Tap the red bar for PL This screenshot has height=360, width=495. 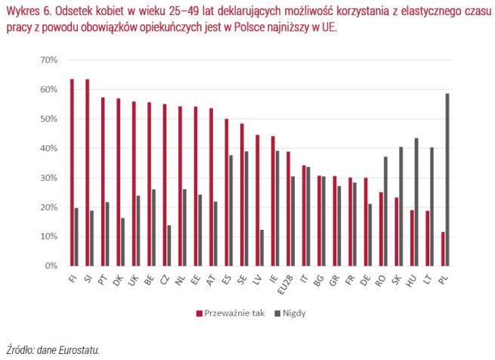(443, 249)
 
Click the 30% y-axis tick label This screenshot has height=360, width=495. (48, 178)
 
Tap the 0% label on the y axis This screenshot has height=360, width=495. (51, 266)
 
